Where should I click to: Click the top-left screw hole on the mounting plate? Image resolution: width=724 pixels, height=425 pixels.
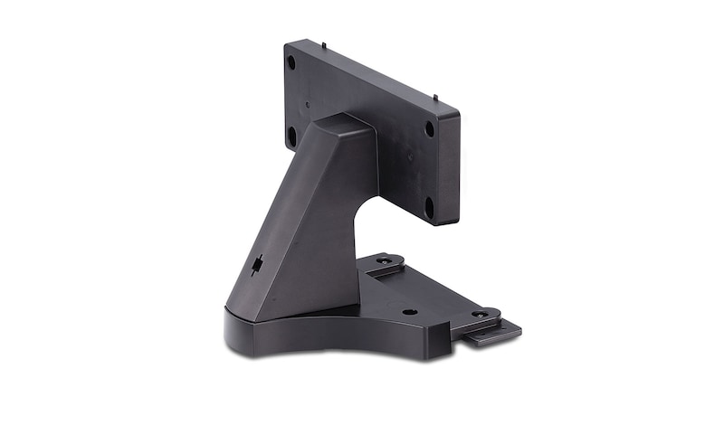pos(291,62)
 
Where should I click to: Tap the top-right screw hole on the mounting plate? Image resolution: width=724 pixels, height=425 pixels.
pos(429,128)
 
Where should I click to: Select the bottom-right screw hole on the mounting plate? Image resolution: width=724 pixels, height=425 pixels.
pos(428,204)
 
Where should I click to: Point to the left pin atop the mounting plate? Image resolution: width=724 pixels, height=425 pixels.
pos(323,42)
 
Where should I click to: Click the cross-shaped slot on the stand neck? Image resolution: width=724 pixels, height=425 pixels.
pos(259,266)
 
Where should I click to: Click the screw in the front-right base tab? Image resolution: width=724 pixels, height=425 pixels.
pos(479,315)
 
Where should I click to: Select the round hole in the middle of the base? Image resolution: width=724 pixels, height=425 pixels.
pos(409,311)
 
